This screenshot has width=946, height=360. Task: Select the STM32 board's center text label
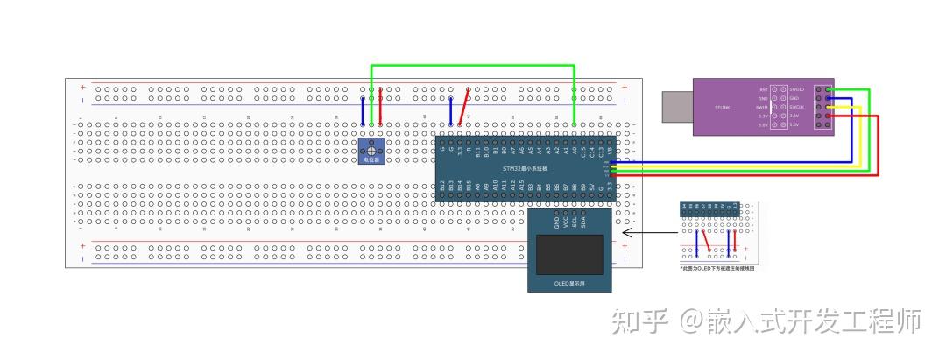(526, 168)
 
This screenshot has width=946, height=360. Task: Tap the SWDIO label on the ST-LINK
(796, 89)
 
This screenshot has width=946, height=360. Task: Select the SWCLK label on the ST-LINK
(796, 107)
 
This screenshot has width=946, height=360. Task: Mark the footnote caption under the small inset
(717, 268)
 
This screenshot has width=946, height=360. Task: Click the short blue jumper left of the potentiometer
(363, 111)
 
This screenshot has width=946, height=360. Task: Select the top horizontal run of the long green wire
(473, 66)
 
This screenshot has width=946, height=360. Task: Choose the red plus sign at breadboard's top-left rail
(83, 88)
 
